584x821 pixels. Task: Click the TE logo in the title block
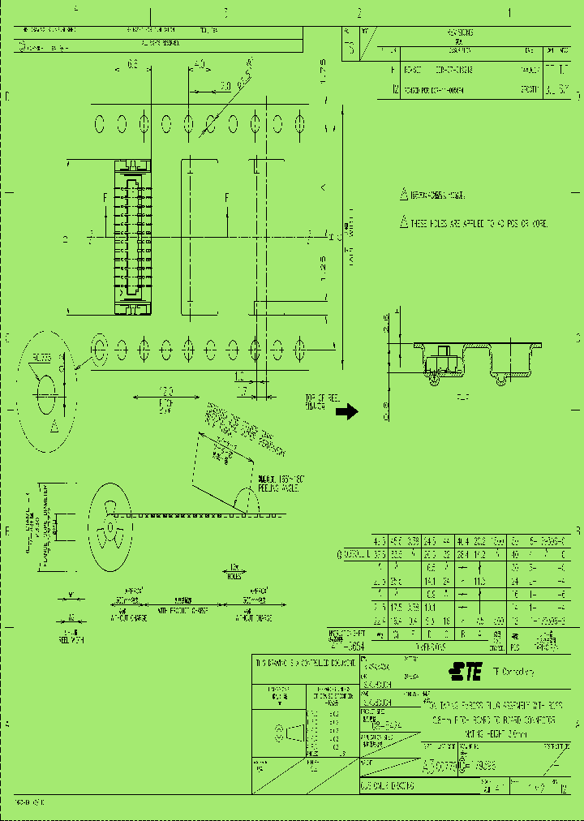coord(466,671)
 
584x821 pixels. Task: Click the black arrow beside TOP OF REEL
coord(346,411)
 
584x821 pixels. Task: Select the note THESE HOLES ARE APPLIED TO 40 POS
coord(479,223)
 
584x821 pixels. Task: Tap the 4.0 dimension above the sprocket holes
coord(200,64)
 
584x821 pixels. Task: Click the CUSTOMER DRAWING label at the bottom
coord(388,786)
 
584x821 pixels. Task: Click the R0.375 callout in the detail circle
coord(43,358)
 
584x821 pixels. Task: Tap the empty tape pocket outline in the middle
coord(199,237)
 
